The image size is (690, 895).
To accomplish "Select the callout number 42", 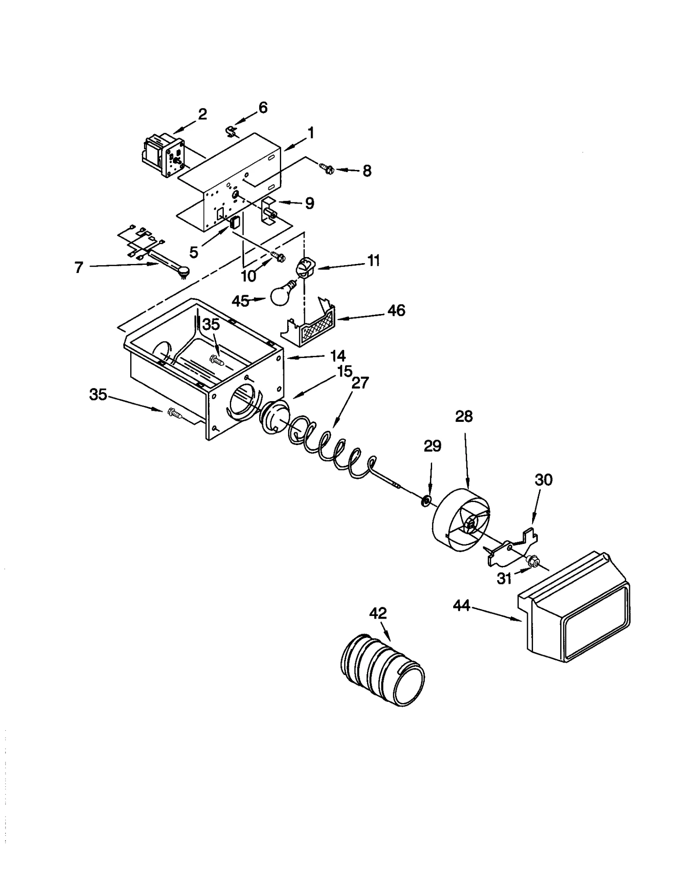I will (378, 613).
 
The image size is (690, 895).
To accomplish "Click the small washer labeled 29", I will (426, 501).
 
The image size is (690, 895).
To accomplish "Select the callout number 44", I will (461, 606).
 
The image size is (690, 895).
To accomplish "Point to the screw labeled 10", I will (278, 257).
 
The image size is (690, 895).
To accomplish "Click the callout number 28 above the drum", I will (464, 417).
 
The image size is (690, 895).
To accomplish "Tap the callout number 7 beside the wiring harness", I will (78, 267).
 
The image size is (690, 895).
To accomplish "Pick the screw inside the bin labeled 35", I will (216, 359).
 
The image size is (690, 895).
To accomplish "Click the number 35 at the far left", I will (98, 394).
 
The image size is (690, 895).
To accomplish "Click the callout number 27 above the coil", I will (360, 383).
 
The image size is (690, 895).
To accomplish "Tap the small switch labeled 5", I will (235, 223).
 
